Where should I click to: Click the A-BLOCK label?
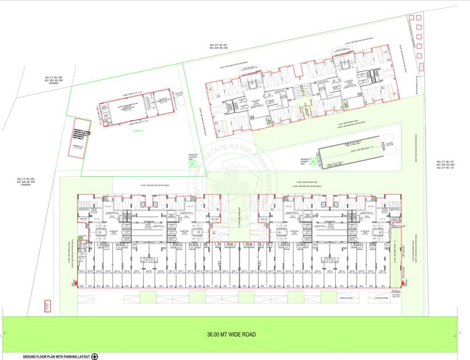(x=113, y=231)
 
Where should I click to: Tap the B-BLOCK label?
(x=184, y=231)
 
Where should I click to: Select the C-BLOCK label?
(x=294, y=231)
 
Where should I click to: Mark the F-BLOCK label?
(x=256, y=101)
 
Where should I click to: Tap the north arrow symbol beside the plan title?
(x=95, y=357)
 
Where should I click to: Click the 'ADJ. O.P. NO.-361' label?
(x=218, y=45)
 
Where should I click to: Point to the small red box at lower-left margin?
(x=47, y=306)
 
